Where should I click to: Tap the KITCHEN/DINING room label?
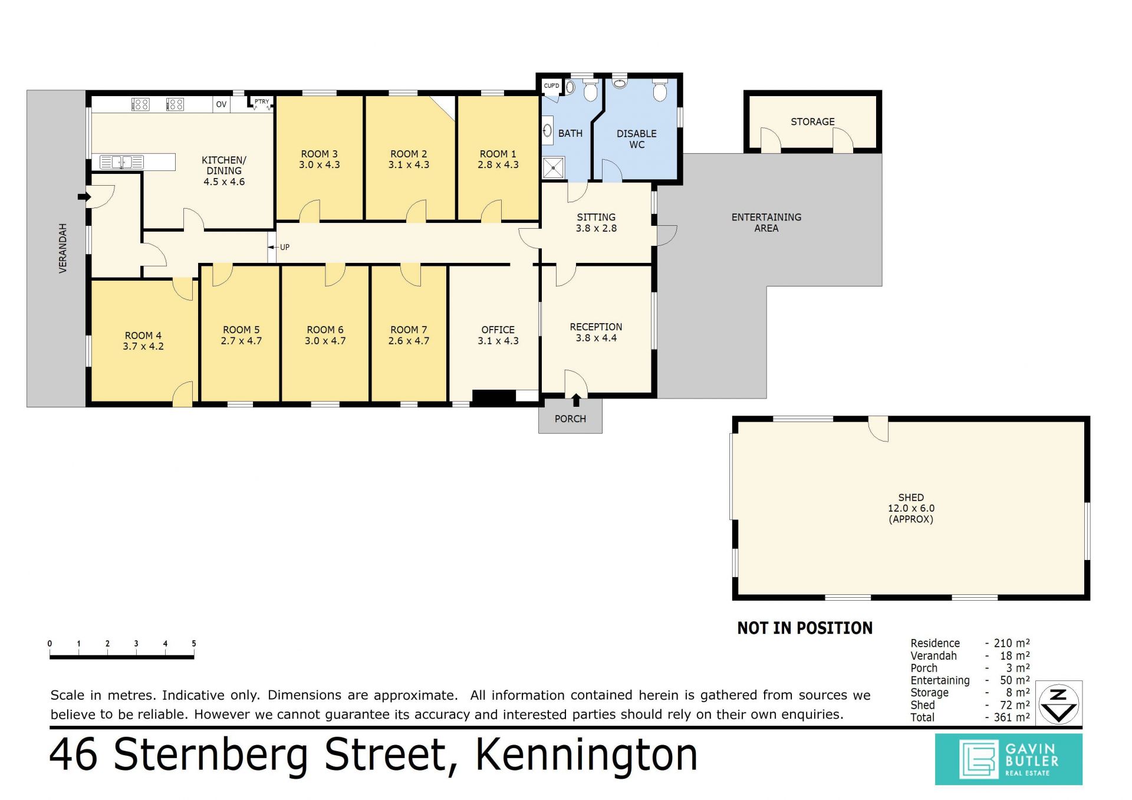[x=224, y=171]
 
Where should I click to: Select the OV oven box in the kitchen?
[x=221, y=104]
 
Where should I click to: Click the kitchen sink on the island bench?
[x=121, y=162]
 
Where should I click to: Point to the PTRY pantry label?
[x=262, y=101]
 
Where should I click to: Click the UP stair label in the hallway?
[x=285, y=247]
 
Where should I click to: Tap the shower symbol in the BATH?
[x=553, y=168]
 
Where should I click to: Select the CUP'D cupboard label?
[x=551, y=85]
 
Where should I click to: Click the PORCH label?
[x=570, y=419]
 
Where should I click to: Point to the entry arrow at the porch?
[x=576, y=400]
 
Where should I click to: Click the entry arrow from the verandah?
[x=84, y=197]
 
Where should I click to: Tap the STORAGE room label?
[x=812, y=121]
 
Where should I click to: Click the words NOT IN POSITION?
[x=805, y=628]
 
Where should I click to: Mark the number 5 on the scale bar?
[x=193, y=644]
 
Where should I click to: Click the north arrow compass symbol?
[x=1059, y=703]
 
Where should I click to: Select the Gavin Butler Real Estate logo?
[x=1008, y=759]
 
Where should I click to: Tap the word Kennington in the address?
[x=586, y=755]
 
